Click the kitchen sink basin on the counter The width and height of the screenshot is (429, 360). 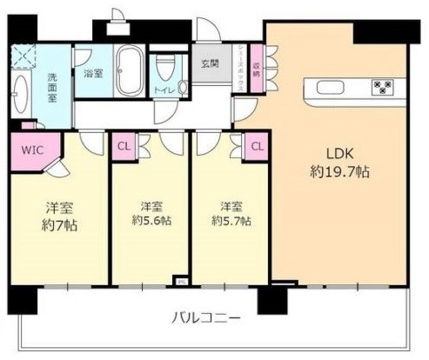tap(331, 86)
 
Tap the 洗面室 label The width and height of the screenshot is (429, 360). tap(51, 86)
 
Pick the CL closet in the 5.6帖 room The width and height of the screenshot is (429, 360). tap(123, 146)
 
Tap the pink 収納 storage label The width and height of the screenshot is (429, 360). tap(255, 63)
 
